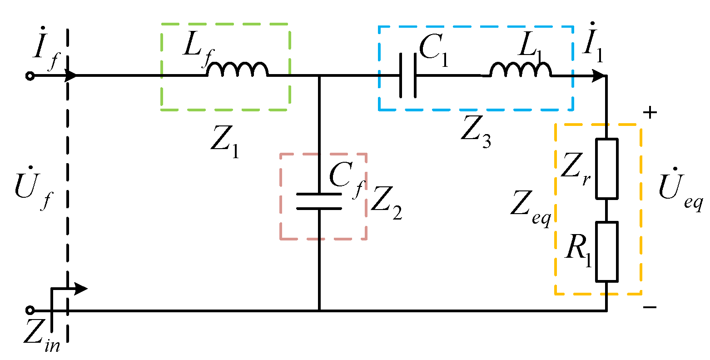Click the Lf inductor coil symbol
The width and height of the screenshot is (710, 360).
click(x=237, y=70)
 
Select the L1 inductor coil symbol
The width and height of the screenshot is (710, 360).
click(x=520, y=70)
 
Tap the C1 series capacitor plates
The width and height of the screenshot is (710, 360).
click(x=407, y=76)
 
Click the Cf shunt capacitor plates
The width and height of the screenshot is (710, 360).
click(x=319, y=201)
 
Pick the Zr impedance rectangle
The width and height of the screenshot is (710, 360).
click(x=607, y=169)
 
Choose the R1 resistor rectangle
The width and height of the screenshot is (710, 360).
click(x=607, y=251)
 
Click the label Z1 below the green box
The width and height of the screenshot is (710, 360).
click(x=224, y=145)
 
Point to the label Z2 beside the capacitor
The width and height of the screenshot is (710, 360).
click(x=386, y=205)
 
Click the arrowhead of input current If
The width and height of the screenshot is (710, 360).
click(x=71, y=76)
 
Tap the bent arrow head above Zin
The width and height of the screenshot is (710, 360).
click(x=81, y=289)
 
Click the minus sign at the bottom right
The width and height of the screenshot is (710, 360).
click(x=650, y=308)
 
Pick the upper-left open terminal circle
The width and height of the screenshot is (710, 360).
click(x=30, y=76)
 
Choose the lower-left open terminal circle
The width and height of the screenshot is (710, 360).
click(x=30, y=310)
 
